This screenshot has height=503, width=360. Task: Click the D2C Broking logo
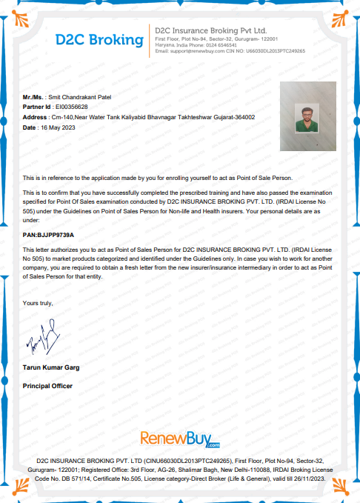[99, 39]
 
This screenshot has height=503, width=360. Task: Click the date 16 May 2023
[58, 127]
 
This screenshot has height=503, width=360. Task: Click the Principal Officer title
[48, 386]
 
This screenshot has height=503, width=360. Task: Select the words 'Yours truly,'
[38, 303]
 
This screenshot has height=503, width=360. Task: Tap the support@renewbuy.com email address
[196, 51]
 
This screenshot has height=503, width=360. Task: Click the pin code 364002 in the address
[242, 117]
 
